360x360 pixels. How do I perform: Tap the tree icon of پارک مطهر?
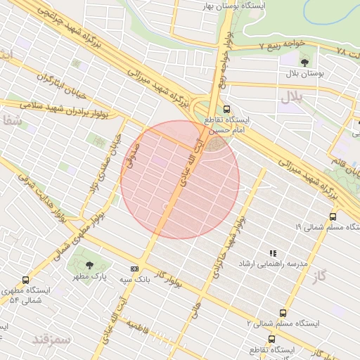(89, 265)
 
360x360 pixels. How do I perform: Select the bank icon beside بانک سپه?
(135, 269)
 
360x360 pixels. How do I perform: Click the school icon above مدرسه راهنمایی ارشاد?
(273, 253)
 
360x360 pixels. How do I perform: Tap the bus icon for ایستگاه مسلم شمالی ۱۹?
(333, 217)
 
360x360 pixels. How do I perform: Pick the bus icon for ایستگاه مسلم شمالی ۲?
(283, 313)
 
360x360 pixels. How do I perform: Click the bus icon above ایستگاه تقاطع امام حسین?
(226, 109)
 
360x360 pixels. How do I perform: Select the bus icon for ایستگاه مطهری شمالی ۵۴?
(26, 280)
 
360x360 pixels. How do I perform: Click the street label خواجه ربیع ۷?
(281, 44)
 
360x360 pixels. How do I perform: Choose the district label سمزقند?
(52, 340)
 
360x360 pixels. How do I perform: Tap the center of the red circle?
(180, 179)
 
